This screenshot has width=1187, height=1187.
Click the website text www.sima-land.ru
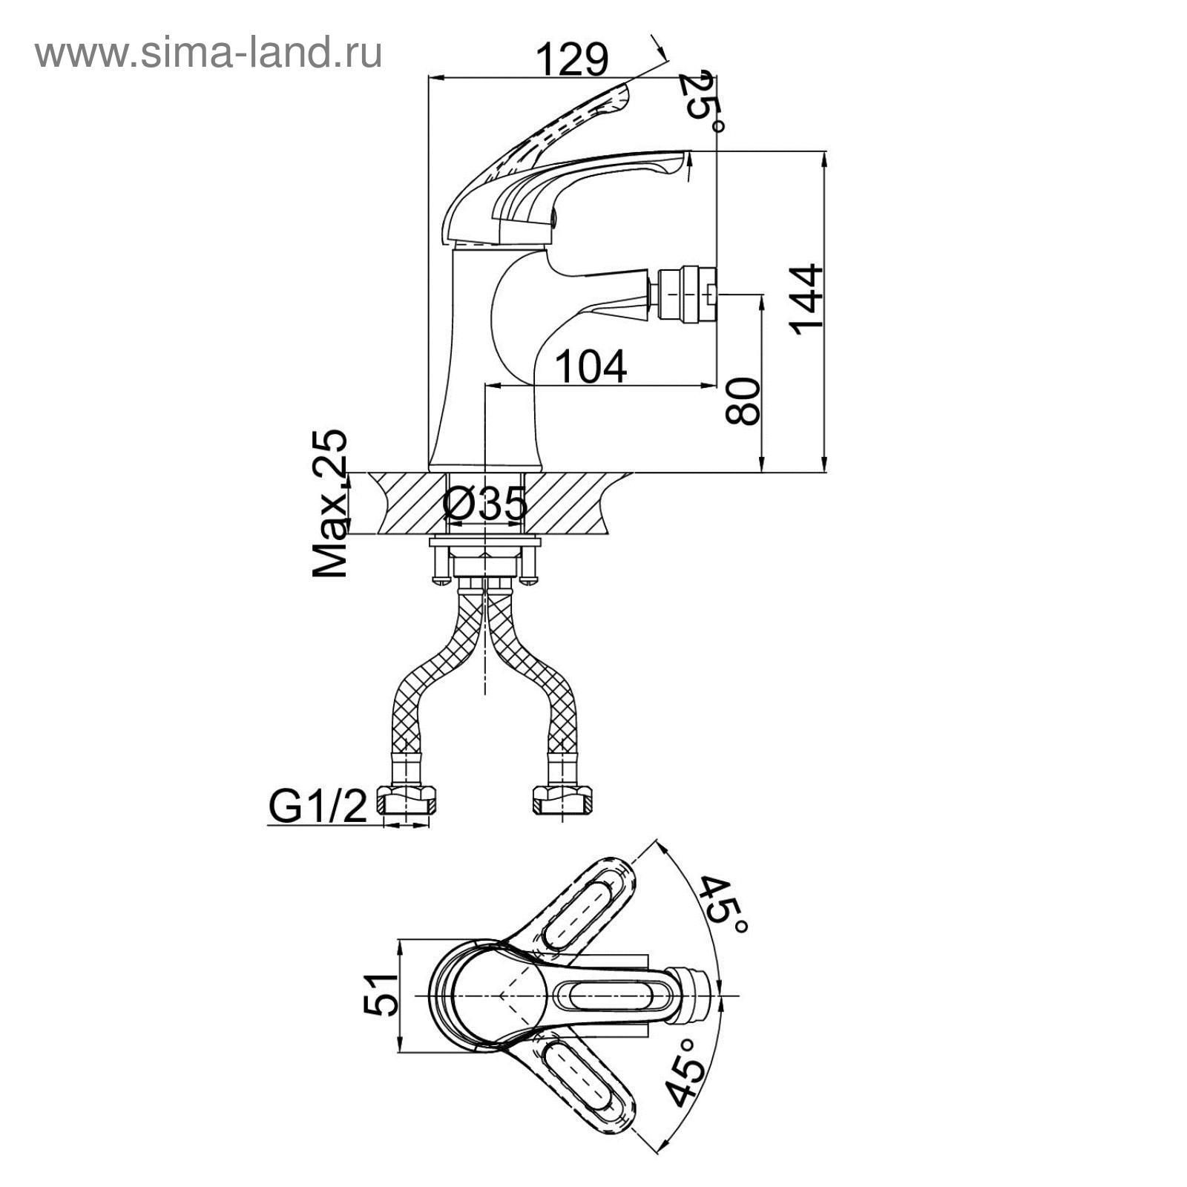coord(208,53)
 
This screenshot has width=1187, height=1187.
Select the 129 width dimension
coord(571,59)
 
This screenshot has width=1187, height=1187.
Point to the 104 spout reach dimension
coord(591,366)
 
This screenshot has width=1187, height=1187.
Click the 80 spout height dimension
coord(743,401)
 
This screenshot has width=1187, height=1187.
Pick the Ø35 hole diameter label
coord(484,505)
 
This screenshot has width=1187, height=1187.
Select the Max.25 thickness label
coord(329,503)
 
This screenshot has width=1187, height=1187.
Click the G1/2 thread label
coord(318,807)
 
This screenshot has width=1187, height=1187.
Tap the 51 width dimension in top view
coord(381,994)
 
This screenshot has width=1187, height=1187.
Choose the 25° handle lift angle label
coord(704,100)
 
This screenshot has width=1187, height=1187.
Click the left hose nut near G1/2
coord(407,801)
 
